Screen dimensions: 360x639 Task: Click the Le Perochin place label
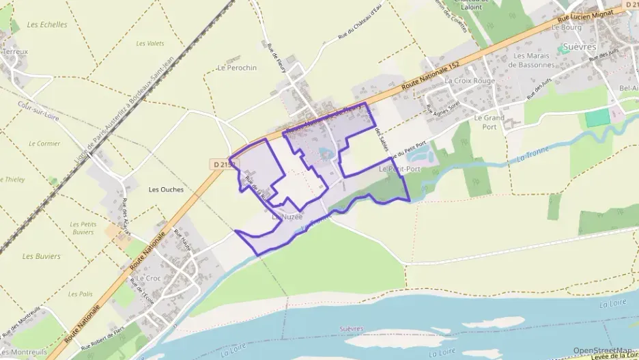pos(237,68)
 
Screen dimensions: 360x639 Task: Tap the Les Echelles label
pos(47,25)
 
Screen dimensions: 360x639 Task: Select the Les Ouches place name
pos(166,190)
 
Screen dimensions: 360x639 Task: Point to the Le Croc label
pos(148,279)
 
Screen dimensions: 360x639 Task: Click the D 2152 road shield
pos(223,165)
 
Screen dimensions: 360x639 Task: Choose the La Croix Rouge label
pos(469,80)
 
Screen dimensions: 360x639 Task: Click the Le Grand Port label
pos(489,122)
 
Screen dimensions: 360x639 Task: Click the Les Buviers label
pos(41,257)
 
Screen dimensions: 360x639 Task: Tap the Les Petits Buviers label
pos(83,228)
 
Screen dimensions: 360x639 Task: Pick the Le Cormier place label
pos(44,143)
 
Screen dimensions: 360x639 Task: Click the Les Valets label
pos(150,44)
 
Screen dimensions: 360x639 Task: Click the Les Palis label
pos(81,294)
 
